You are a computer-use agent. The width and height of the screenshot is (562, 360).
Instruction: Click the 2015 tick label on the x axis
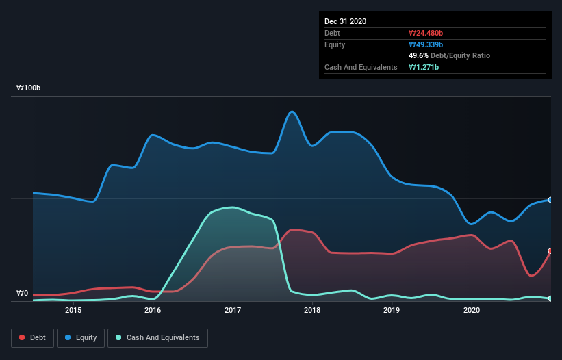coord(73,310)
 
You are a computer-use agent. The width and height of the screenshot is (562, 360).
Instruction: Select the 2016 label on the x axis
coord(153,310)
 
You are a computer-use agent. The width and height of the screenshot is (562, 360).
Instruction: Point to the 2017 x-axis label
coord(233,310)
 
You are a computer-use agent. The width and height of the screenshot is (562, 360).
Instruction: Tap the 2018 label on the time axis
coord(312,310)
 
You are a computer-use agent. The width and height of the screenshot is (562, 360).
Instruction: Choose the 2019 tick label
coord(392,310)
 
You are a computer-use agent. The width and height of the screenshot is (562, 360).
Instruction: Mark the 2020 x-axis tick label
coord(471,310)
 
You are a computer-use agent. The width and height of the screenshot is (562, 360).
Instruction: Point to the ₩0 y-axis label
coord(22,294)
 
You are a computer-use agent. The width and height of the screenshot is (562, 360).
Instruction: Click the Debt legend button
coord(31,337)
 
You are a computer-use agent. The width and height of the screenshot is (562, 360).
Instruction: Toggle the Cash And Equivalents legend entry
coord(157,337)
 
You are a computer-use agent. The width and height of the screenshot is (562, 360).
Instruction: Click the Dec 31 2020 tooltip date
coord(345,21)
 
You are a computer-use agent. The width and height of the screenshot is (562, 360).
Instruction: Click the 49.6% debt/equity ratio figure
coord(420,55)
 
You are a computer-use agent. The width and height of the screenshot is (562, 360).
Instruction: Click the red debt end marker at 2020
coord(550,251)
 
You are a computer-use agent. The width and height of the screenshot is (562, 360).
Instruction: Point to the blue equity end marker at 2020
coord(550,200)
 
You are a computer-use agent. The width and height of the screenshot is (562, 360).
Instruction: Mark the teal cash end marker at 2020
coord(550,298)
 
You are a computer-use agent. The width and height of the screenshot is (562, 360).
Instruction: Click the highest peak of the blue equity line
coord(292,112)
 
